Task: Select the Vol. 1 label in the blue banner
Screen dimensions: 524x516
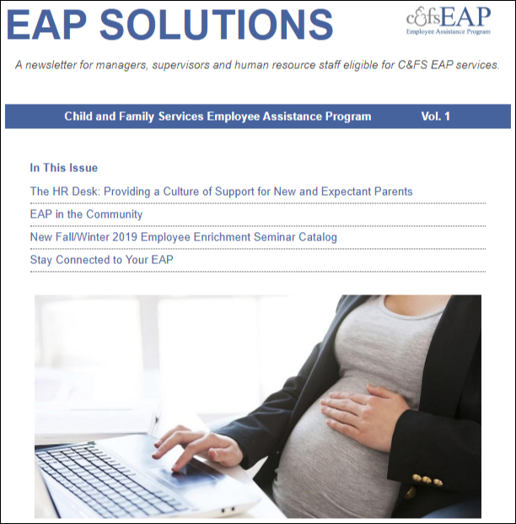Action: click(435, 116)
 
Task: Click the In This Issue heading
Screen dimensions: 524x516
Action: click(64, 168)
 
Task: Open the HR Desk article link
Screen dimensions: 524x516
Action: click(221, 192)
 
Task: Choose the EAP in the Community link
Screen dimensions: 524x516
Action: click(86, 214)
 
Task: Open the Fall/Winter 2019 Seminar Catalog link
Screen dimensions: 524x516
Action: click(183, 237)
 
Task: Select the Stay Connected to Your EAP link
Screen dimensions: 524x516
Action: click(101, 260)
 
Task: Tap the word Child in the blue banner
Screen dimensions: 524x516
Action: click(78, 116)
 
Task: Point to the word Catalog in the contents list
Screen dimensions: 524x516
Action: click(314, 237)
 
